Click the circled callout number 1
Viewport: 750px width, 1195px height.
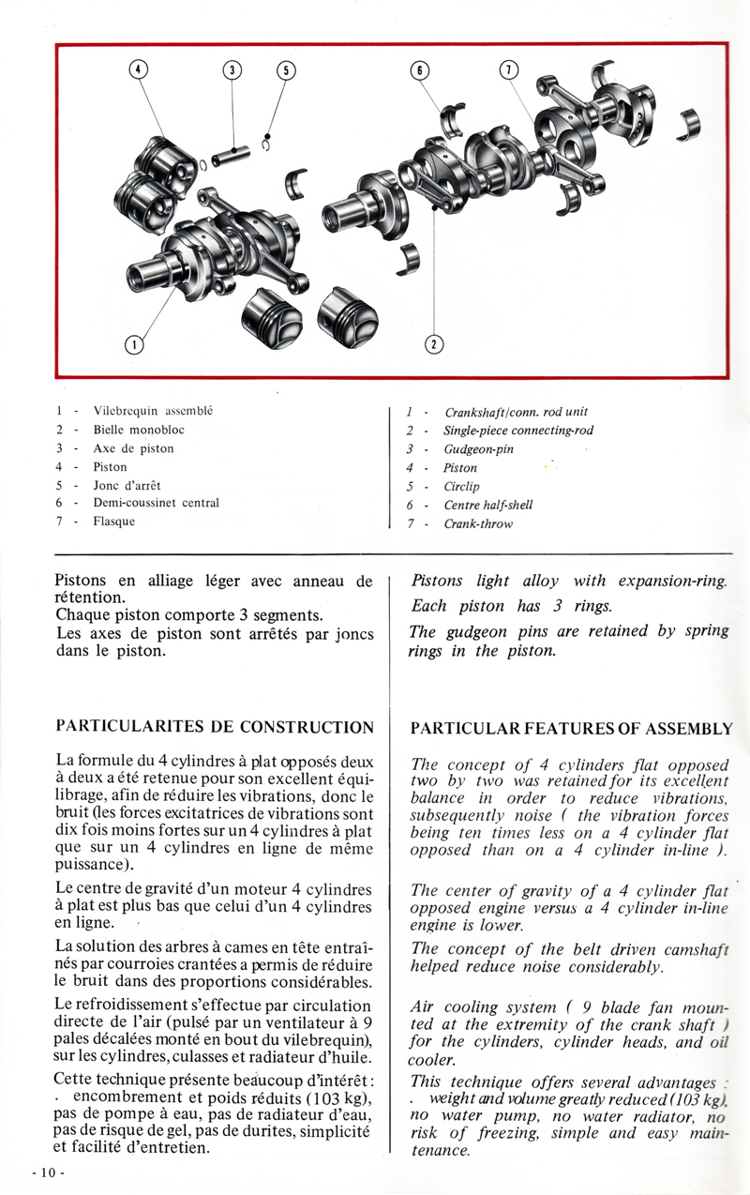tap(134, 344)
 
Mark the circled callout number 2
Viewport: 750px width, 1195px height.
tap(434, 344)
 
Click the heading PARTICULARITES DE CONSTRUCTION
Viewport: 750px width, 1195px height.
tap(215, 727)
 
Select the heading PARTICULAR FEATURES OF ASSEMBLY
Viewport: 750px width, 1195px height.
tap(571, 729)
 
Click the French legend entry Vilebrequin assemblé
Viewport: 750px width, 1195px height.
tap(153, 411)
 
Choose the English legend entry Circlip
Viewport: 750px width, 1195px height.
tap(461, 487)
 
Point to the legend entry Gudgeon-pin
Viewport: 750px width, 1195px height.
tap(478, 449)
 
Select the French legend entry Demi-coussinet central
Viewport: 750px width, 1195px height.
tap(156, 503)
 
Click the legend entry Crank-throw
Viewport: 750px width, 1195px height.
tap(478, 524)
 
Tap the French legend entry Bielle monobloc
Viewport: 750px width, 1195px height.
tap(139, 430)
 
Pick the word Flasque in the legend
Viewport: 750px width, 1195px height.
tap(113, 522)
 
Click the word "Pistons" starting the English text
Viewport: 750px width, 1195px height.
tap(436, 582)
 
